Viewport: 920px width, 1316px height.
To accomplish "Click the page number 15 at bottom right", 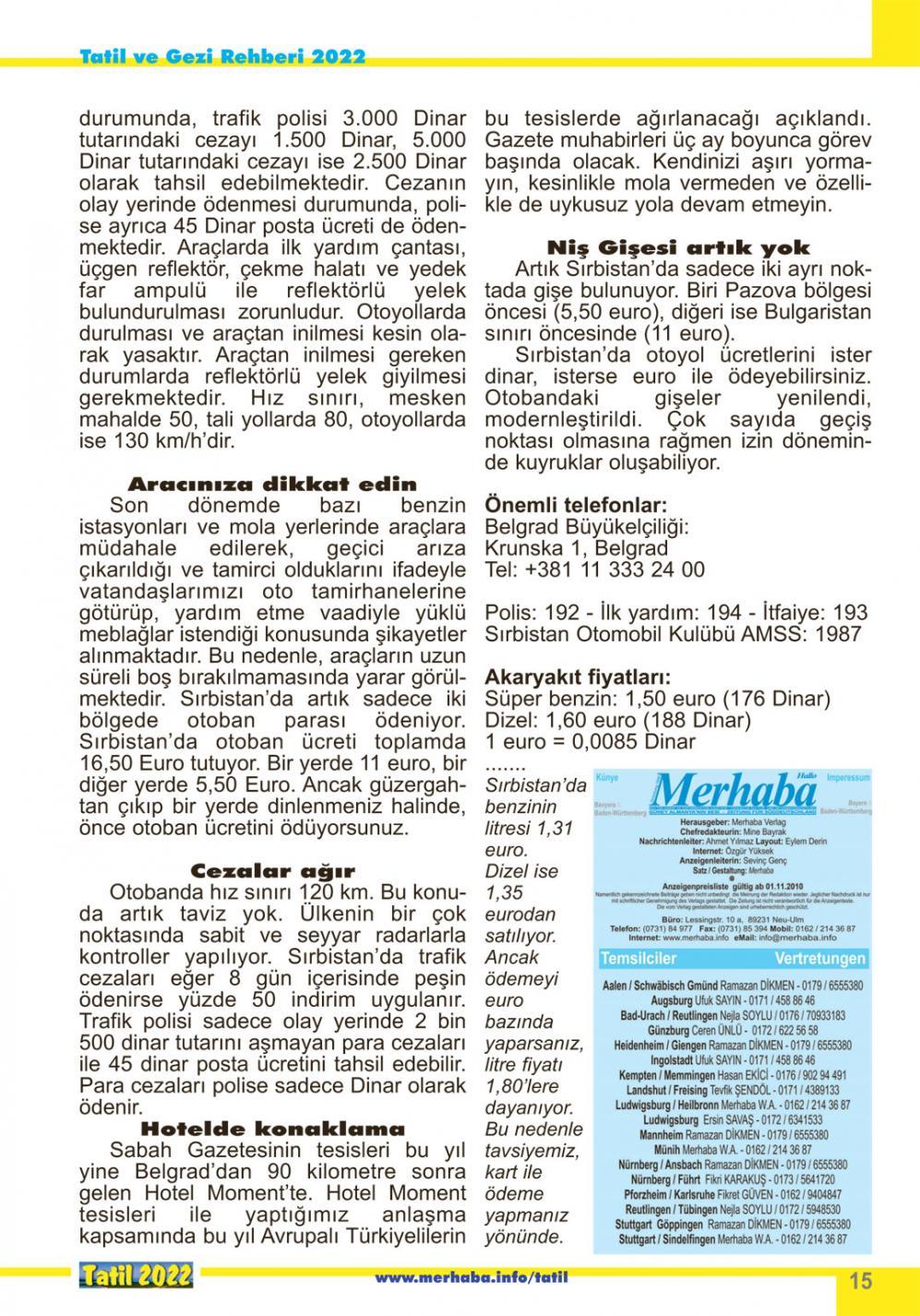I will click(x=860, y=1281).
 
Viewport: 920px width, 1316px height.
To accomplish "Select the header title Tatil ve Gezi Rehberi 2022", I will click(x=221, y=56).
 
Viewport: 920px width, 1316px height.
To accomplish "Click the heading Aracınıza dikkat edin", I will click(x=272, y=484).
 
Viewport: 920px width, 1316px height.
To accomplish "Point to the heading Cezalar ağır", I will click(x=272, y=870).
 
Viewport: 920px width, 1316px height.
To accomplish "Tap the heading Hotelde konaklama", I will click(x=272, y=1129).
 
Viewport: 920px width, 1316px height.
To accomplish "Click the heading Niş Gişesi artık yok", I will click(x=678, y=247).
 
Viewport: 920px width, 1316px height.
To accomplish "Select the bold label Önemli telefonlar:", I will click(x=575, y=506).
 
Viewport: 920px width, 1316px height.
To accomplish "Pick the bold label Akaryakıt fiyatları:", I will click(x=578, y=676).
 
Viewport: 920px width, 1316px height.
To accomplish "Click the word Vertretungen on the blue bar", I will click(x=819, y=959).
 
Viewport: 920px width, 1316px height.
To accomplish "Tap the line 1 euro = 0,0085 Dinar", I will click(x=590, y=742).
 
